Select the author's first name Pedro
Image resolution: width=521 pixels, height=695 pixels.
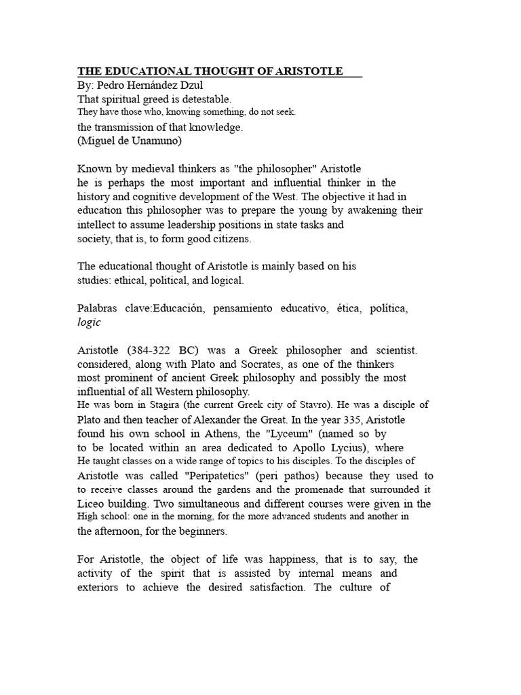pyautogui.click(x=110, y=86)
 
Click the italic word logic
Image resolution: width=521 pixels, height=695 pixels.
pyautogui.click(x=89, y=322)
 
